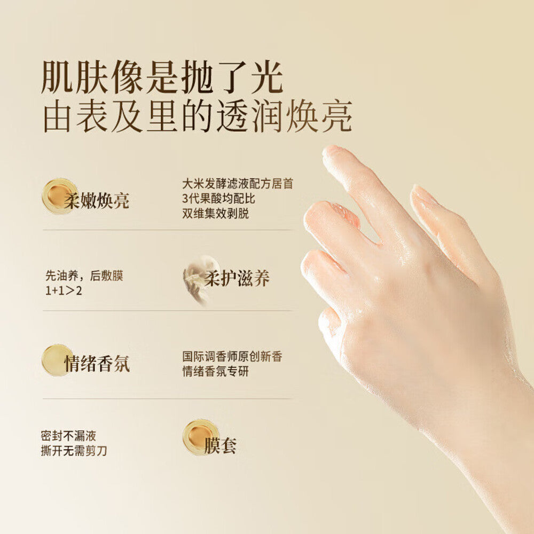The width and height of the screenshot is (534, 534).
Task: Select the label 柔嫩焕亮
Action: tap(97, 201)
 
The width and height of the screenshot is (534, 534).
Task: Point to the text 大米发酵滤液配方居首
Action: tap(237, 184)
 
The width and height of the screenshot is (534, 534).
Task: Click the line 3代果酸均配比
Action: tap(218, 199)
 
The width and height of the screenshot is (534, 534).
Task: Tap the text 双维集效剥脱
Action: tap(215, 214)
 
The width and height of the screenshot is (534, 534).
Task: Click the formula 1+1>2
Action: tap(64, 291)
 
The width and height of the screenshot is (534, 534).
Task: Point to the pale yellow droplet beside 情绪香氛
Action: tap(57, 359)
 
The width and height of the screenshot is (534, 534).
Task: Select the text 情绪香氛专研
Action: tap(215, 372)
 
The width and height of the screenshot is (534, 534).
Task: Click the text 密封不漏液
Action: tap(68, 436)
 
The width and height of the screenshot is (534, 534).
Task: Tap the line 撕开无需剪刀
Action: tap(74, 451)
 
